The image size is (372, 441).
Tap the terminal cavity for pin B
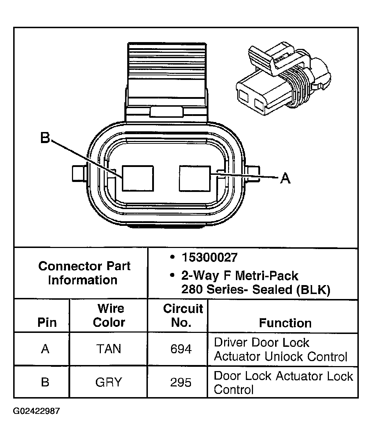click(x=138, y=178)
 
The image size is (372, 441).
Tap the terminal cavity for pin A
click(x=195, y=178)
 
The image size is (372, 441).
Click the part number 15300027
click(x=210, y=257)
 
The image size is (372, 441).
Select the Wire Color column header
click(x=109, y=315)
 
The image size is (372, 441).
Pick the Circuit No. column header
click(x=183, y=315)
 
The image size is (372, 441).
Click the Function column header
click(x=285, y=323)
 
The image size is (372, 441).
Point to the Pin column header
click(x=47, y=323)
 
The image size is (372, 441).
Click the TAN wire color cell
click(x=109, y=349)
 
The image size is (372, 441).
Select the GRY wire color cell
click(x=109, y=382)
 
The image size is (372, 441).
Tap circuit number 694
click(x=181, y=349)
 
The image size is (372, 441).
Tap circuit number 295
click(x=181, y=382)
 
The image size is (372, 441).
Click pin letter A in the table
click(x=45, y=349)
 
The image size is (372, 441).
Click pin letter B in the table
click(x=45, y=382)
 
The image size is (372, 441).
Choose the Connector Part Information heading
click(x=84, y=273)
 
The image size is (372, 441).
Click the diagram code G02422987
click(x=37, y=411)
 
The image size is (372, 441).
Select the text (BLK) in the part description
click(x=313, y=290)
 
